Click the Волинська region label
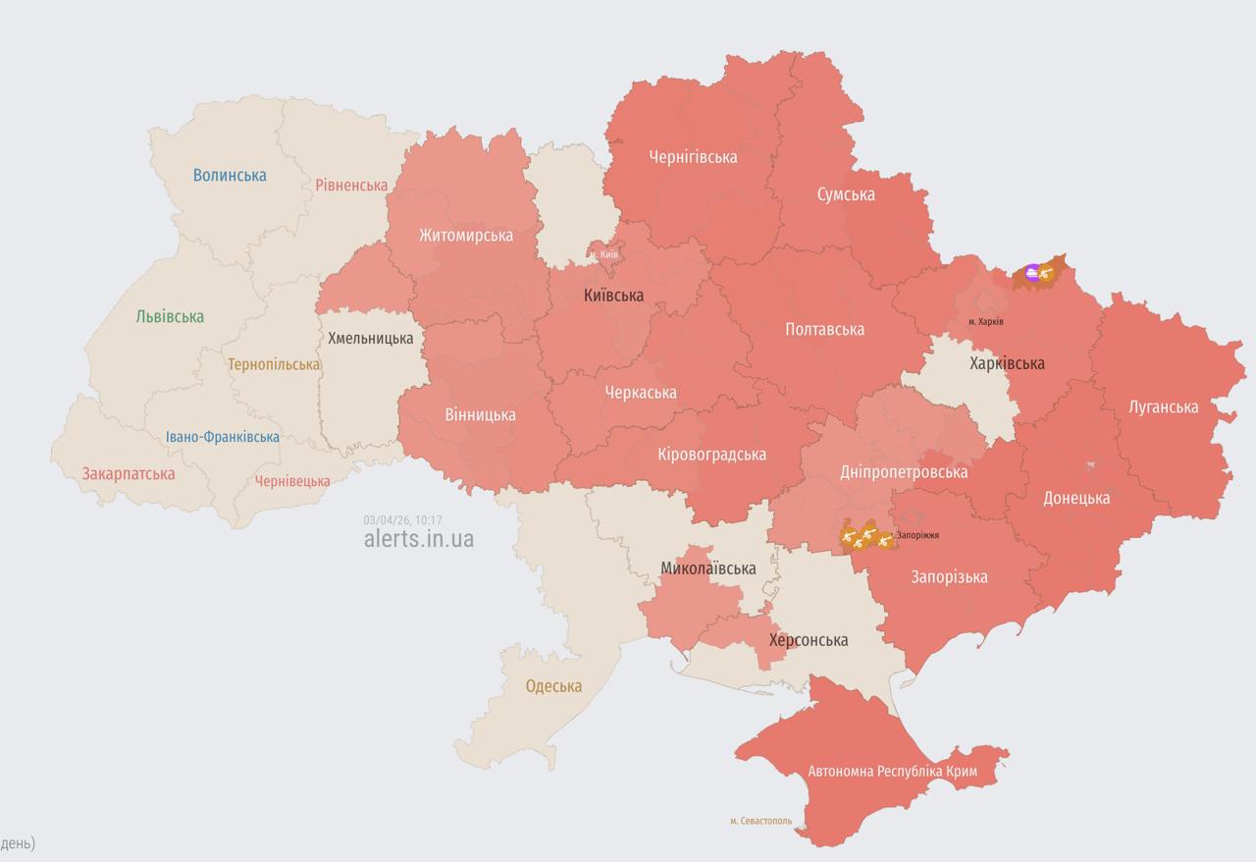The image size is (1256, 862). coord(230,176)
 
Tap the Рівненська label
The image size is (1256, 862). coord(351,185)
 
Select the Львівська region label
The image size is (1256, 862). coord(170,316)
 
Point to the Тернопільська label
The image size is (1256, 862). coord(274,364)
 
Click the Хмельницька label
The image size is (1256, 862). coord(371,338)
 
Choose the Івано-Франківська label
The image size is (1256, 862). coord(222,437)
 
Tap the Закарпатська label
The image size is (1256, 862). coord(129,474)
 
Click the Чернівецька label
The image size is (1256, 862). coord(292,481)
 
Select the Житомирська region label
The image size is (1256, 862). coord(465,236)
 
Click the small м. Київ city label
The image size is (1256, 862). coord(603,254)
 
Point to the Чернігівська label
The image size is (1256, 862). coord(693,157)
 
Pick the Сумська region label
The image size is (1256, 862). coord(845,194)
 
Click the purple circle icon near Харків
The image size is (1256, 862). coord(1031,273)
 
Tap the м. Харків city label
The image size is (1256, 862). coord(985,322)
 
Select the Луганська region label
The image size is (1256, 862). coord(1163,406)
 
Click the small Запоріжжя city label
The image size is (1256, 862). coord(917,535)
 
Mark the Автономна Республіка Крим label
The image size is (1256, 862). coord(892,772)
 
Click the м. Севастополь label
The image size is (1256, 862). coord(760,821)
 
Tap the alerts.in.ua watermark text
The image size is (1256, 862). coord(418,538)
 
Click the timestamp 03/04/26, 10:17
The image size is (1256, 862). coord(402,520)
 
